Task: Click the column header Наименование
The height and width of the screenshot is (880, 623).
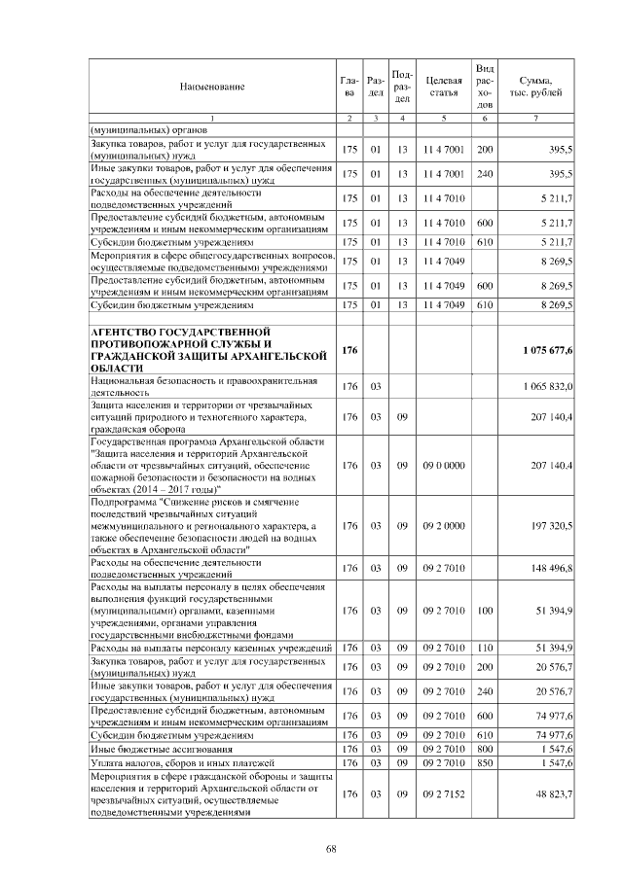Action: pyautogui.click(x=211, y=87)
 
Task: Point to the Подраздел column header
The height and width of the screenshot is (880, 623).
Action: pyautogui.click(x=401, y=87)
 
